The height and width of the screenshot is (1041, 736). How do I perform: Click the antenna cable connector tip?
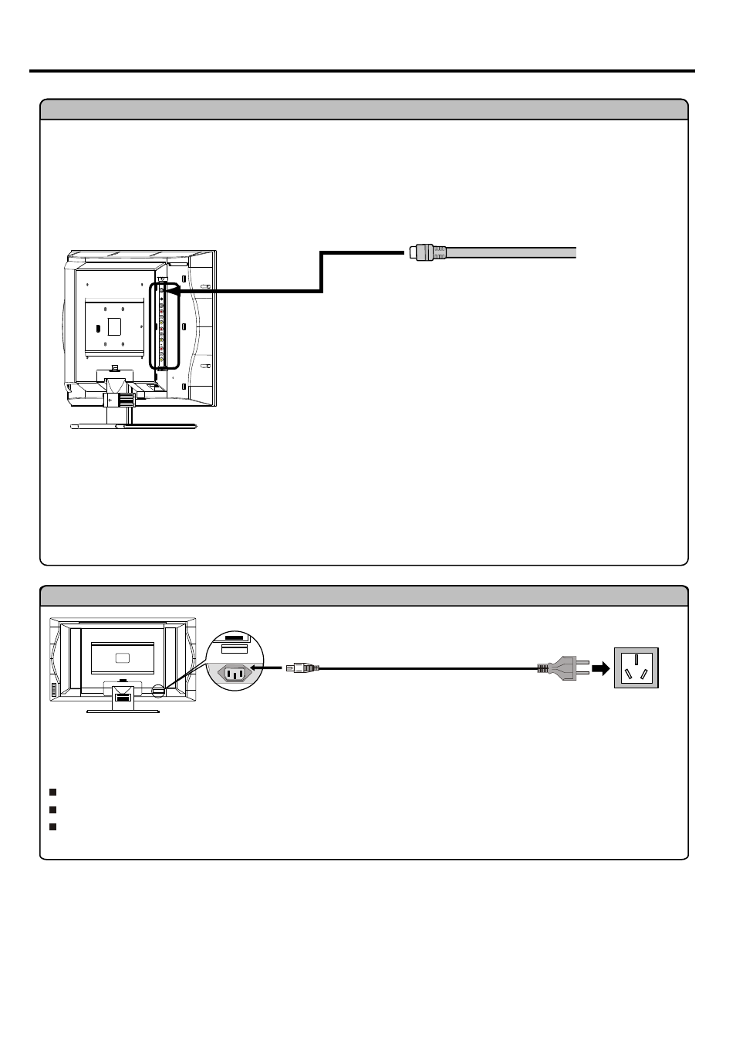click(415, 252)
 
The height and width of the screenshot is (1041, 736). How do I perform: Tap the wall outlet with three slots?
click(636, 667)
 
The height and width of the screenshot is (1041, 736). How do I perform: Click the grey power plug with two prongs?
click(557, 668)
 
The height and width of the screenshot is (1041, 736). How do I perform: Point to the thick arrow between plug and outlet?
click(599, 668)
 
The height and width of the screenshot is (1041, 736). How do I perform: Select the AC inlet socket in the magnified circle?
click(235, 673)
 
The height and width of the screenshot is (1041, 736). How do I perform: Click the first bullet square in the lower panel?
click(52, 792)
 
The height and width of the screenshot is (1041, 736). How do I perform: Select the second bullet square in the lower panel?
click(52, 809)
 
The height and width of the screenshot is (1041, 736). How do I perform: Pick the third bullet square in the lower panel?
click(52, 826)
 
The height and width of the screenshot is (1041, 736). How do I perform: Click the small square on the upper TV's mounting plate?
click(115, 326)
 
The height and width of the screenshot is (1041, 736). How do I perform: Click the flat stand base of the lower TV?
click(123, 710)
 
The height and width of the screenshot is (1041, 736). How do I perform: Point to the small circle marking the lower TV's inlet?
click(158, 691)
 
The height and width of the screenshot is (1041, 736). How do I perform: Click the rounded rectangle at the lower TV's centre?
click(123, 658)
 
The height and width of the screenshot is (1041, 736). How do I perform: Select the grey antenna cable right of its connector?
click(509, 252)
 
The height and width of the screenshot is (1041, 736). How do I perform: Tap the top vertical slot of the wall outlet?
click(636, 658)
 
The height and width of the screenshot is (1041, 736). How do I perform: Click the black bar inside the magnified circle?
click(237, 638)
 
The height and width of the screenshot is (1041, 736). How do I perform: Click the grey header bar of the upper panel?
click(363, 110)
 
